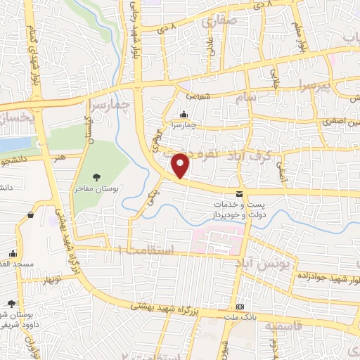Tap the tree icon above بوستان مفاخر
[96, 177]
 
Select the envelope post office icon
[240, 193]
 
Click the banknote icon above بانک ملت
[240, 307]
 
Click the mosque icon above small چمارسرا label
[184, 115]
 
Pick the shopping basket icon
[31, 215]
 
